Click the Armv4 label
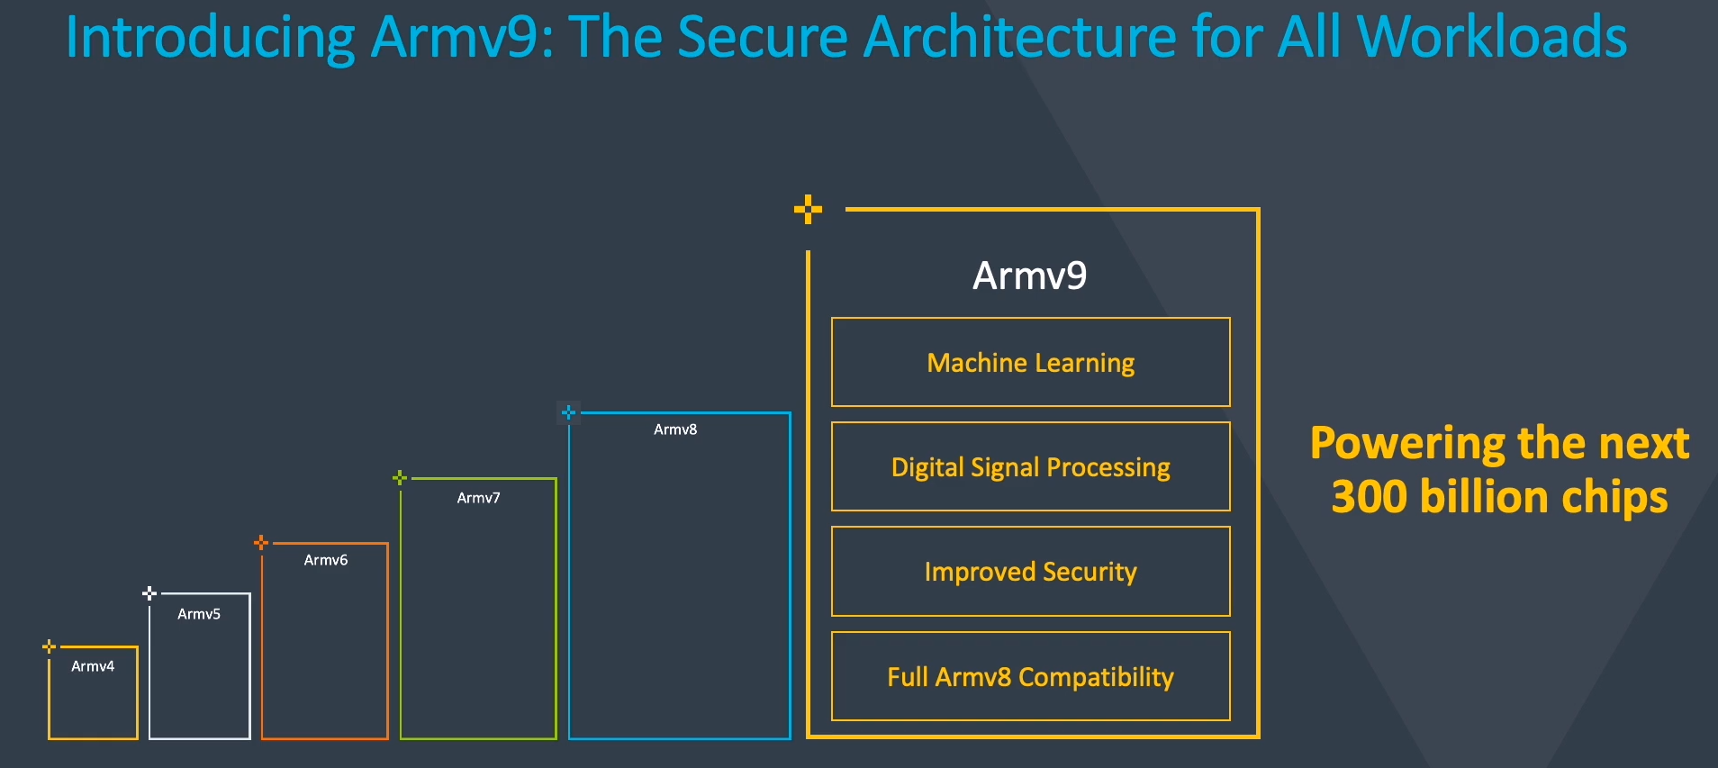93,666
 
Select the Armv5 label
199,614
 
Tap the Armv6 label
326,560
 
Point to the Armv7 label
478,498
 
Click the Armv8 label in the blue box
675,429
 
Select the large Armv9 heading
1030,276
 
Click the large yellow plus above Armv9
808,209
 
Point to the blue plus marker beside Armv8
568,412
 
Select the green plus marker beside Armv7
400,477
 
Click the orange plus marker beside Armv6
261,542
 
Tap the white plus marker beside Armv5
149,592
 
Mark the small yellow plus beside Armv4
50,646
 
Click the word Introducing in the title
211,39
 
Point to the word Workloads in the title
1492,37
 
